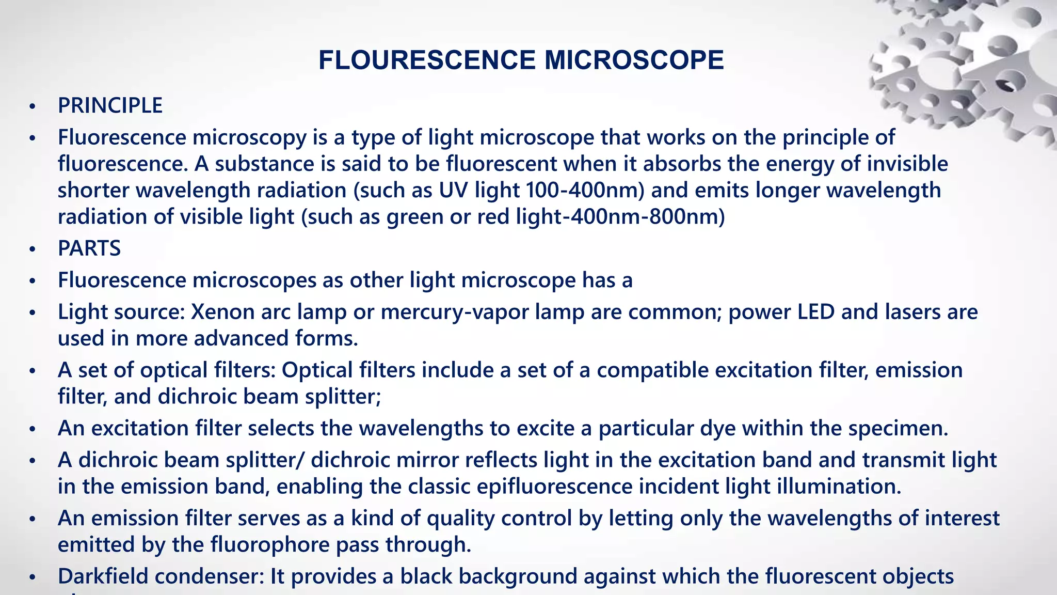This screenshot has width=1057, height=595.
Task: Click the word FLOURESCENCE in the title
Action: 427,60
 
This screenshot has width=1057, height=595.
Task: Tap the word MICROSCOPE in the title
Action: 634,60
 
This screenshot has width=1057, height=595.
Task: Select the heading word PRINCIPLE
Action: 110,106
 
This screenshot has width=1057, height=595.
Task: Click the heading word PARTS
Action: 89,248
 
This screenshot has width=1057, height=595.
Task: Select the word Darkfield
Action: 103,576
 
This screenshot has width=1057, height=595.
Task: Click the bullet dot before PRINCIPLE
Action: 33,106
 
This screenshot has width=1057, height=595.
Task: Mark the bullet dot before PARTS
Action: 33,249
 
